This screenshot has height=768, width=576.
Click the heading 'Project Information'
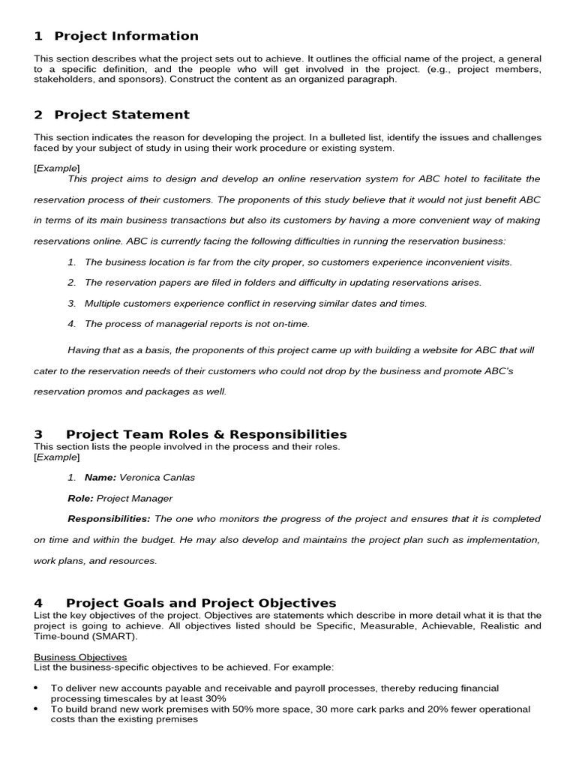click(x=126, y=36)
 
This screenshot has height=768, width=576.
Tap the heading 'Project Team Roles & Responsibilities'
click(x=206, y=434)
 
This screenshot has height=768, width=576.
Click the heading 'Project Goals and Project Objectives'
click(x=201, y=603)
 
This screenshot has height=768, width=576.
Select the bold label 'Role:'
click(x=80, y=498)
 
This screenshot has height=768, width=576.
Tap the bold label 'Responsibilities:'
click(x=109, y=519)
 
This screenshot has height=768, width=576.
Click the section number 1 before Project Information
click(x=38, y=36)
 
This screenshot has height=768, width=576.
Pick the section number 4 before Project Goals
click(x=38, y=603)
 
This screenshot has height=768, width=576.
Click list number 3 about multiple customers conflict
click(x=71, y=304)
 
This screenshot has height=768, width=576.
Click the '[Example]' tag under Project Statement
click(x=56, y=168)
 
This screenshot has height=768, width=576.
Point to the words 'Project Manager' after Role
click(x=134, y=498)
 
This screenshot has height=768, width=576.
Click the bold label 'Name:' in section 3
click(x=100, y=477)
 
